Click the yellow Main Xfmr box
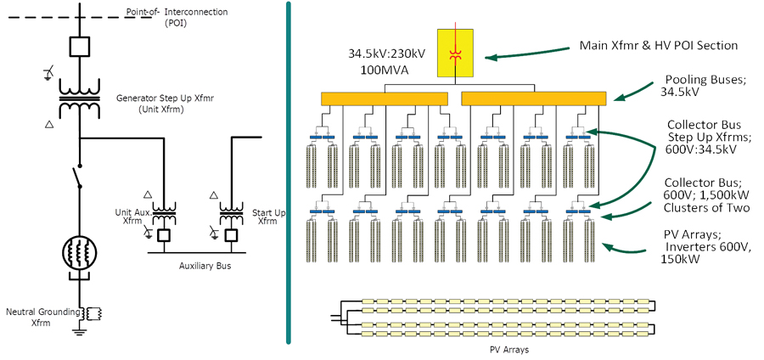455,53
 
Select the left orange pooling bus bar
385,98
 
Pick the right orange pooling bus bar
534,98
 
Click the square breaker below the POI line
80,47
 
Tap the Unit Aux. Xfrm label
133,217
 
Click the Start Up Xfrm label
268,217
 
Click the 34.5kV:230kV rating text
387,53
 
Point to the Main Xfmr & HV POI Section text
658,45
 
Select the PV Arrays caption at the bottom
509,349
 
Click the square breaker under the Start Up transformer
231,236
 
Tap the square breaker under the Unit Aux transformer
164,236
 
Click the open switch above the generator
78,177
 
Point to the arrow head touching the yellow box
489,58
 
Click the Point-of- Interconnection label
177,17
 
